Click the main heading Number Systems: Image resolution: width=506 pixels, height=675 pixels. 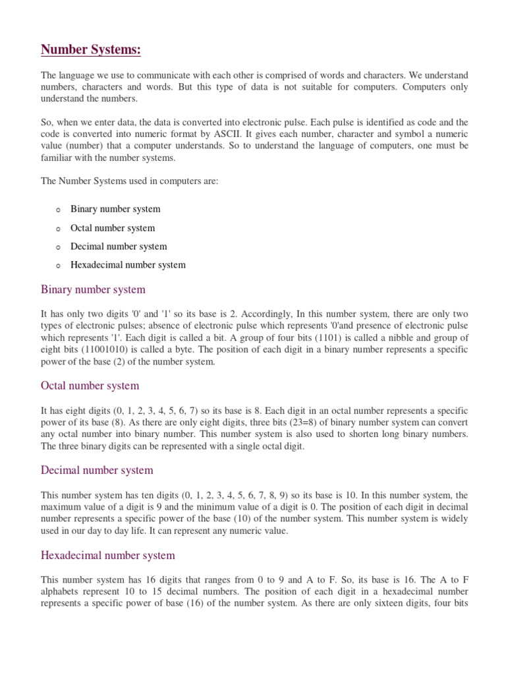click(x=91, y=50)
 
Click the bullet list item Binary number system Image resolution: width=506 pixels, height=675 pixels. click(x=115, y=209)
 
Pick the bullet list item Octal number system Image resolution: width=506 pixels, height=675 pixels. click(x=113, y=228)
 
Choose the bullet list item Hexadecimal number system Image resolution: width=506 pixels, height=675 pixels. click(x=128, y=265)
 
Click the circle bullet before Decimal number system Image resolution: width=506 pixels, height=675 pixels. click(x=58, y=247)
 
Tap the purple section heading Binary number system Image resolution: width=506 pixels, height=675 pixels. click(x=93, y=290)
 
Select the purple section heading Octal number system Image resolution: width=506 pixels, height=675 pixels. click(x=90, y=386)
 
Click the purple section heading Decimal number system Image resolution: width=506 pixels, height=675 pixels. click(x=97, y=470)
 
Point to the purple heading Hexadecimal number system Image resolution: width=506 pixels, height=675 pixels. click(x=108, y=556)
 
